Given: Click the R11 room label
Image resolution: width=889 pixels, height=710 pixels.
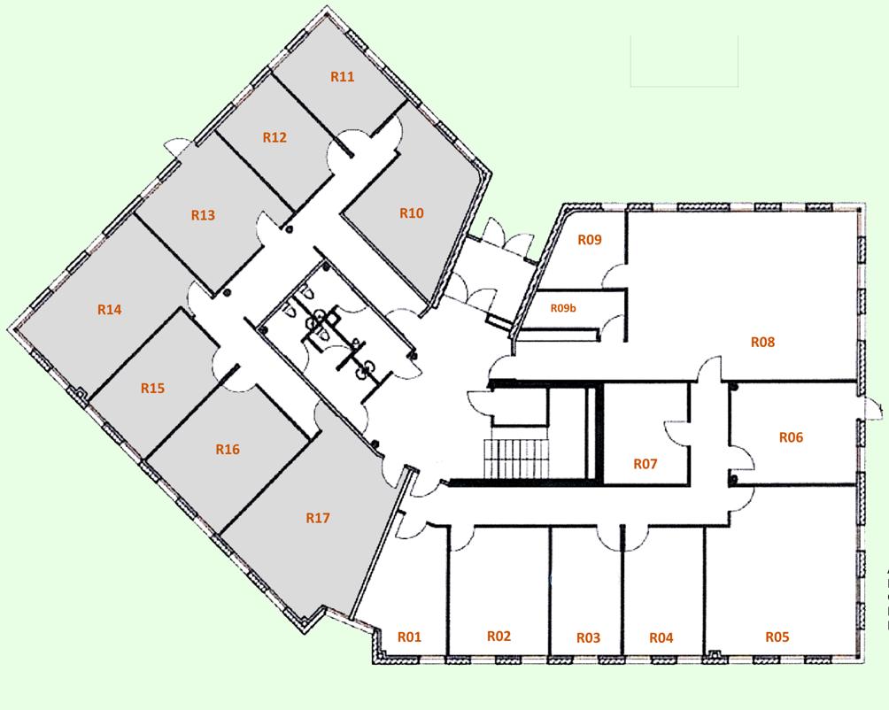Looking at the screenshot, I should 343,77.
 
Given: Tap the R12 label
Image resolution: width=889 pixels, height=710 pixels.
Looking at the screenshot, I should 275,138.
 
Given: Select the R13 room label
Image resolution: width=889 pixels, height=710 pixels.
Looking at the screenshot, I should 204,215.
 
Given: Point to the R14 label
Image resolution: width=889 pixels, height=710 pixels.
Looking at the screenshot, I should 110,310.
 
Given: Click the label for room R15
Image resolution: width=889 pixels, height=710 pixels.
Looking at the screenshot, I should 153,389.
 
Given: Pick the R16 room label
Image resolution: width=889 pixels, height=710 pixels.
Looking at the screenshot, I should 228,450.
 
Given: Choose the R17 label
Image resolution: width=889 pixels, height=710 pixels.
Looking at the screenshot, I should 317,518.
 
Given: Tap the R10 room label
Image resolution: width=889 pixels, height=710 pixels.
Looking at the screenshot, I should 412,213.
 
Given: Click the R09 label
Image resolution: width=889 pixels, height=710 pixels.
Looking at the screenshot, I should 590,239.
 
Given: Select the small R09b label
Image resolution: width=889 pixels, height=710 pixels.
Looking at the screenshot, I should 563,309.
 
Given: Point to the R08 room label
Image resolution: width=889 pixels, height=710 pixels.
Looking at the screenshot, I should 762,342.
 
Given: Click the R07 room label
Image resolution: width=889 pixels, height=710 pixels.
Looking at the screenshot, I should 645,464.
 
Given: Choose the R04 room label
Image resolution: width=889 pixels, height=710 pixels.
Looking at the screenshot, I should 661,638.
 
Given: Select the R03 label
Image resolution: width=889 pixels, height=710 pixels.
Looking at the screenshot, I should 588,638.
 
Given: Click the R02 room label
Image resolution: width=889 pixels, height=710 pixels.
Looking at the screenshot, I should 499,637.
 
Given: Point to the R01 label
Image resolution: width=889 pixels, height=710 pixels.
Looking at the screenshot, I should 408,637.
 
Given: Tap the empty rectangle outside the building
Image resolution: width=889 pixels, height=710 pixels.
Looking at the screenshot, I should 684,61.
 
